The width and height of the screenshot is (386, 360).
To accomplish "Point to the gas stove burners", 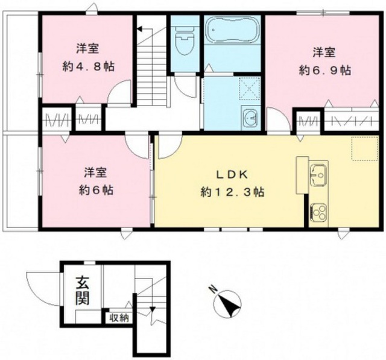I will (x=318, y=212).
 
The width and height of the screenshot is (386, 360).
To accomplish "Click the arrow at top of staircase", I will (x=140, y=28).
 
